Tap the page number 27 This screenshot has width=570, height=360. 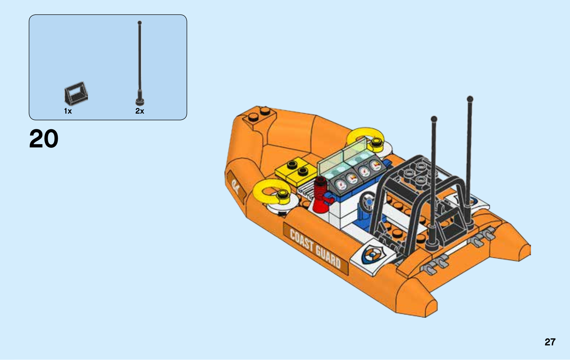click(550, 342)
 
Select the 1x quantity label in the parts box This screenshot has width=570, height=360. click(68, 111)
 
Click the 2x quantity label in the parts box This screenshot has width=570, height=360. click(140, 111)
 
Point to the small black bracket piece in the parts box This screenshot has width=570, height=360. click(76, 93)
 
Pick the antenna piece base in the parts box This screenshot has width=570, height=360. click(140, 101)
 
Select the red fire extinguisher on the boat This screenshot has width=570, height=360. click(321, 195)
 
